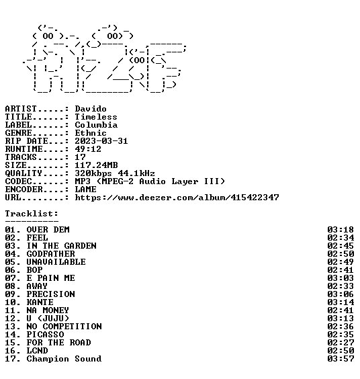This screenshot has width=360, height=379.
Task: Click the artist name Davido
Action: pos(91,109)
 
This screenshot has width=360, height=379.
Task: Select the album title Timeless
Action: pos(96,117)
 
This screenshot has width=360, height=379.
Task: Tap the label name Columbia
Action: pos(96,125)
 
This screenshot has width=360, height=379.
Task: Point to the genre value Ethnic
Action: pos(91,133)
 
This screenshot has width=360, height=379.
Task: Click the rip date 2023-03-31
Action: pos(101,141)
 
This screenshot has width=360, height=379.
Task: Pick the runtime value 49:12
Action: pos(88,149)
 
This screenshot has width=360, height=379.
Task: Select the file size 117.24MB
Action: pos(96,165)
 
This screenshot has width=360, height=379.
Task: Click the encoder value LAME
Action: pos(85,189)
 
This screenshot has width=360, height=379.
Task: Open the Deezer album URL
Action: pos(177,198)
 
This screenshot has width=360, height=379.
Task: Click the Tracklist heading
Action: pos(32,214)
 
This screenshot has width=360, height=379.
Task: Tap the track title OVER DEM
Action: pos(48,230)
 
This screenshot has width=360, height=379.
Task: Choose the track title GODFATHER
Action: pos(51,254)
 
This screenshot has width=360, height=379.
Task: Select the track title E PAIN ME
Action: pos(51,278)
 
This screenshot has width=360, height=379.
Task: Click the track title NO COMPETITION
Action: pos(64,327)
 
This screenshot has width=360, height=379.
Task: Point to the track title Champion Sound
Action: pos(64,359)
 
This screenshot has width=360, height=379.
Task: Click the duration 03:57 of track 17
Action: pos(341,359)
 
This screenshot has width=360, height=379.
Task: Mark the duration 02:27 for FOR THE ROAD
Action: pos(341,343)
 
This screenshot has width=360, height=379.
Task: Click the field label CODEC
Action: pos(18,181)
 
